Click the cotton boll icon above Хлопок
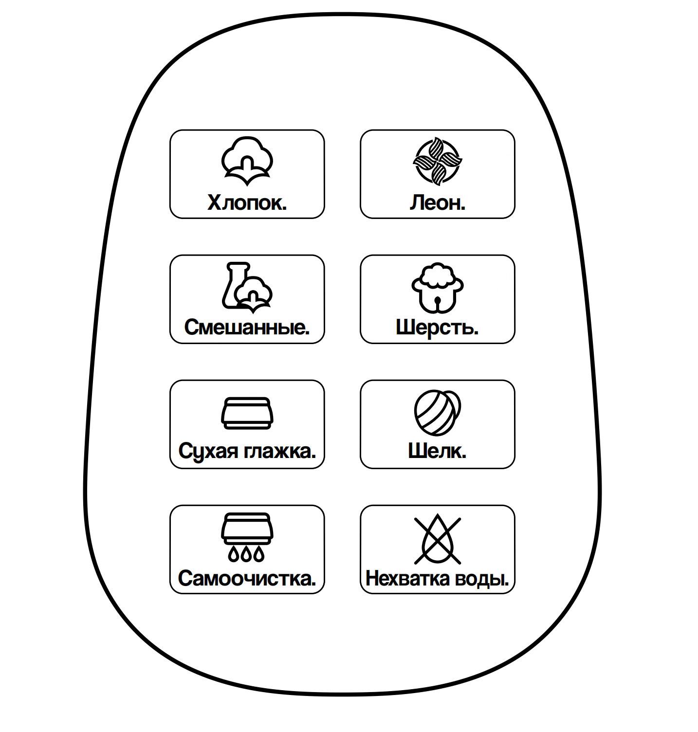[x=247, y=161]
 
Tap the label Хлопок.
[x=247, y=202]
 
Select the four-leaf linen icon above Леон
[x=437, y=161]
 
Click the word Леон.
[x=437, y=202]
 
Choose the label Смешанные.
[x=247, y=327]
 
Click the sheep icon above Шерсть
[x=437, y=287]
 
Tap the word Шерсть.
[x=437, y=327]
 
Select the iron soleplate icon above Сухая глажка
[x=247, y=413]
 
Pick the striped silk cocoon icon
[x=437, y=412]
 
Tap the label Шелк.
[x=437, y=451]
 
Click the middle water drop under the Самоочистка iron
[x=247, y=553]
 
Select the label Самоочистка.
[x=247, y=578]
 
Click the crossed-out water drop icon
[x=437, y=540]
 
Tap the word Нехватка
[x=407, y=579]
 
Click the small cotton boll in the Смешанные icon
[x=254, y=292]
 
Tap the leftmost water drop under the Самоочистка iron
[x=234, y=553]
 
